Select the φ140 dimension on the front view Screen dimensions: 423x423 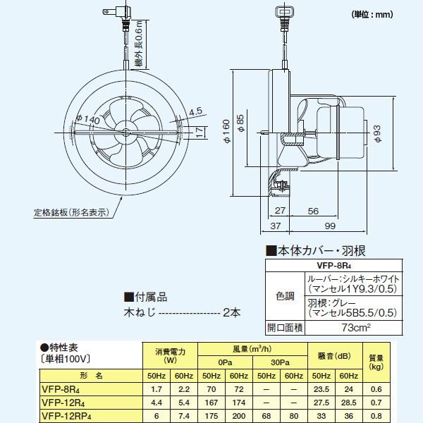91,120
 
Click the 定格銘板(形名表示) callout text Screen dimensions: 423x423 70,211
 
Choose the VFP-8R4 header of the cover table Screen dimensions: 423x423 334,265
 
